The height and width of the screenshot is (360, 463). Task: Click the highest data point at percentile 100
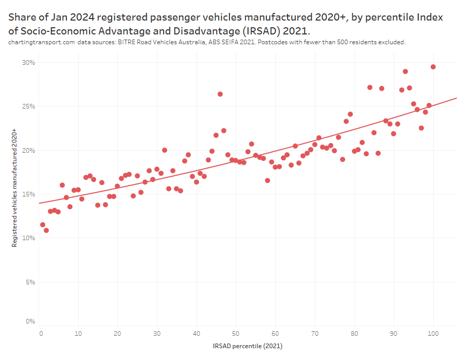click(x=433, y=67)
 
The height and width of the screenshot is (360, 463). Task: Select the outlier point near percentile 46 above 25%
click(x=220, y=94)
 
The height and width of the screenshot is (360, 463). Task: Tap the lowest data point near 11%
click(x=46, y=230)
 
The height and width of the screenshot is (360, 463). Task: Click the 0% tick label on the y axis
click(x=30, y=321)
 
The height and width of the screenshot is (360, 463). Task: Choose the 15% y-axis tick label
click(x=28, y=194)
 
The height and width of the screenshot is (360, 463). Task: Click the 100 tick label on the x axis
click(x=433, y=334)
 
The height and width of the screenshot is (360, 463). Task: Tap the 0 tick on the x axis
click(x=41, y=334)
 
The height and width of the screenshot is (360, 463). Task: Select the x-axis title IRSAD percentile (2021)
click(x=247, y=346)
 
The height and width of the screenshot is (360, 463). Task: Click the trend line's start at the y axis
click(x=40, y=203)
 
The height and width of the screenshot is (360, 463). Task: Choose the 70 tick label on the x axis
click(x=315, y=334)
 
